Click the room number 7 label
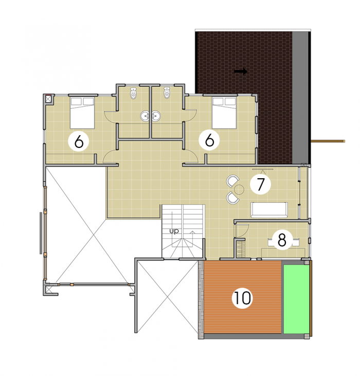(261, 184)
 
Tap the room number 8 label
(282, 240)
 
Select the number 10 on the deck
(242, 298)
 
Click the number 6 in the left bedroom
(79, 141)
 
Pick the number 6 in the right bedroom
(209, 140)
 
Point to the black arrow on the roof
(241, 71)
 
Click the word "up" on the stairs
(174, 231)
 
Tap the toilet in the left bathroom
(133, 93)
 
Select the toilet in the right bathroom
(167, 93)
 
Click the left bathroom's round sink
(145, 116)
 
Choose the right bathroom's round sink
(156, 116)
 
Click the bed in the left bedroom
(82, 112)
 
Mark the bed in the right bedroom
(224, 112)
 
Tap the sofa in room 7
(269, 210)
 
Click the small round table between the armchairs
(239, 190)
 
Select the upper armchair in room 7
(233, 181)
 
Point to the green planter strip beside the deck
(296, 299)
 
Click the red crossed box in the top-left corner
(49, 99)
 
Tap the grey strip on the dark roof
(300, 98)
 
